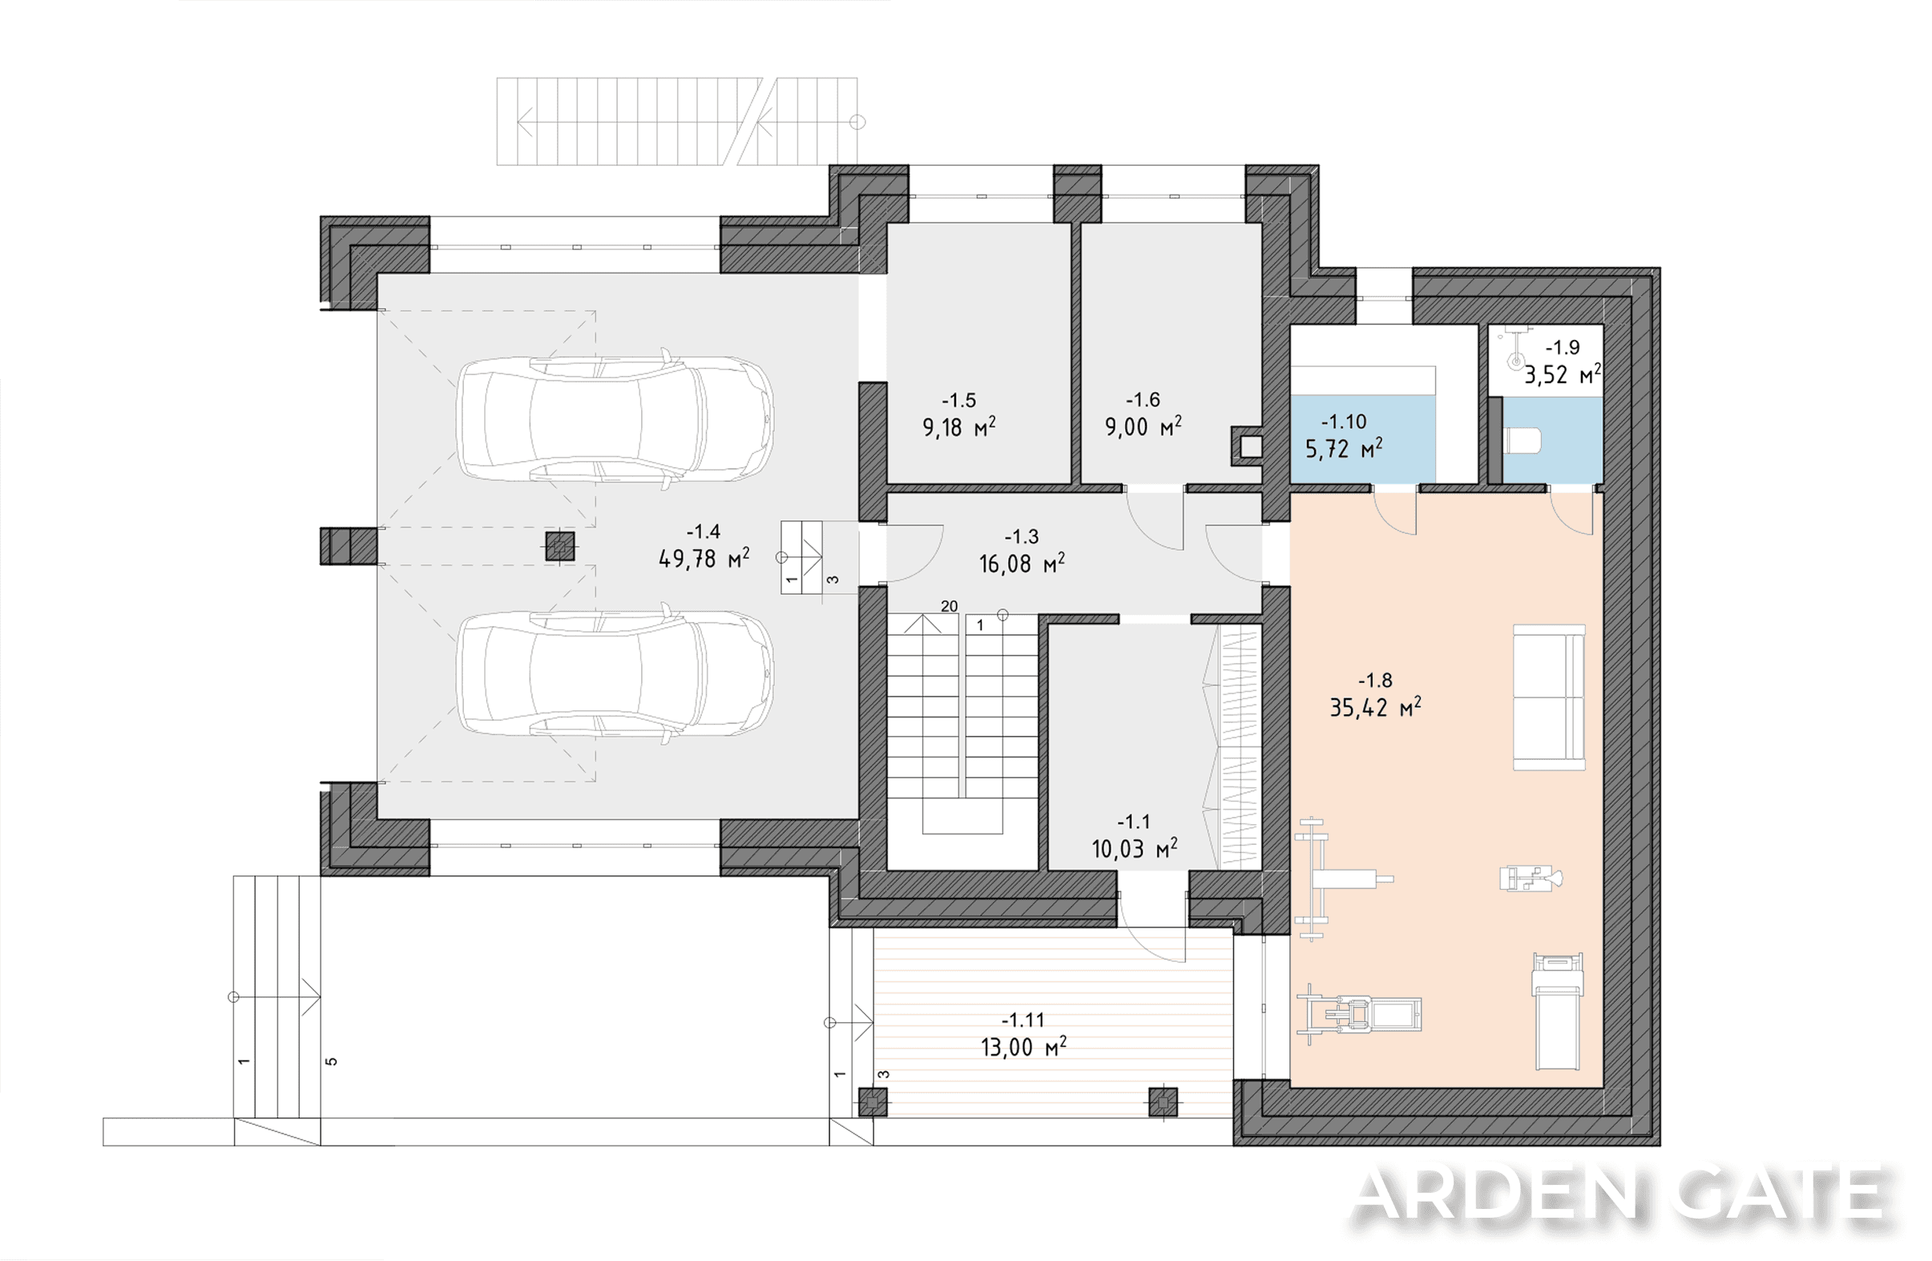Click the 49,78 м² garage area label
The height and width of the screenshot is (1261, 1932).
(x=704, y=559)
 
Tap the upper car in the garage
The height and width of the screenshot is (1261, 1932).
(x=615, y=420)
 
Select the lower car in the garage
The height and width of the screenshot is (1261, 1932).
(x=615, y=673)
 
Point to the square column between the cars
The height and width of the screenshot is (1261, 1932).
(x=560, y=547)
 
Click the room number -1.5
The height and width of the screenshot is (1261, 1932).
(x=958, y=400)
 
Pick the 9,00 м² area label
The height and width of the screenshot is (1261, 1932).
(x=1143, y=426)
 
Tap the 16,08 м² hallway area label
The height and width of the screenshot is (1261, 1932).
(x=1021, y=563)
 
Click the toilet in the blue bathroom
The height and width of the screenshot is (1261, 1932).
(x=1523, y=442)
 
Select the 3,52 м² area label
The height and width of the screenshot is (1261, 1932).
(x=1563, y=374)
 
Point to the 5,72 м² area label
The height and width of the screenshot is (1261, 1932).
(x=1344, y=448)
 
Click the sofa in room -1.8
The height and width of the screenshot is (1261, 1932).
(x=1549, y=697)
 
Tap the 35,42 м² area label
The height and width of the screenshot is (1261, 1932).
(x=1375, y=707)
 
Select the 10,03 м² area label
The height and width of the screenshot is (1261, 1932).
(x=1134, y=849)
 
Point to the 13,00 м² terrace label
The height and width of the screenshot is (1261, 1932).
(x=1022, y=1047)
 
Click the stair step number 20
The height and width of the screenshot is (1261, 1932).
(x=949, y=606)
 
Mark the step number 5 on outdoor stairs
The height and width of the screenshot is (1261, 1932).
(x=331, y=1061)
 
